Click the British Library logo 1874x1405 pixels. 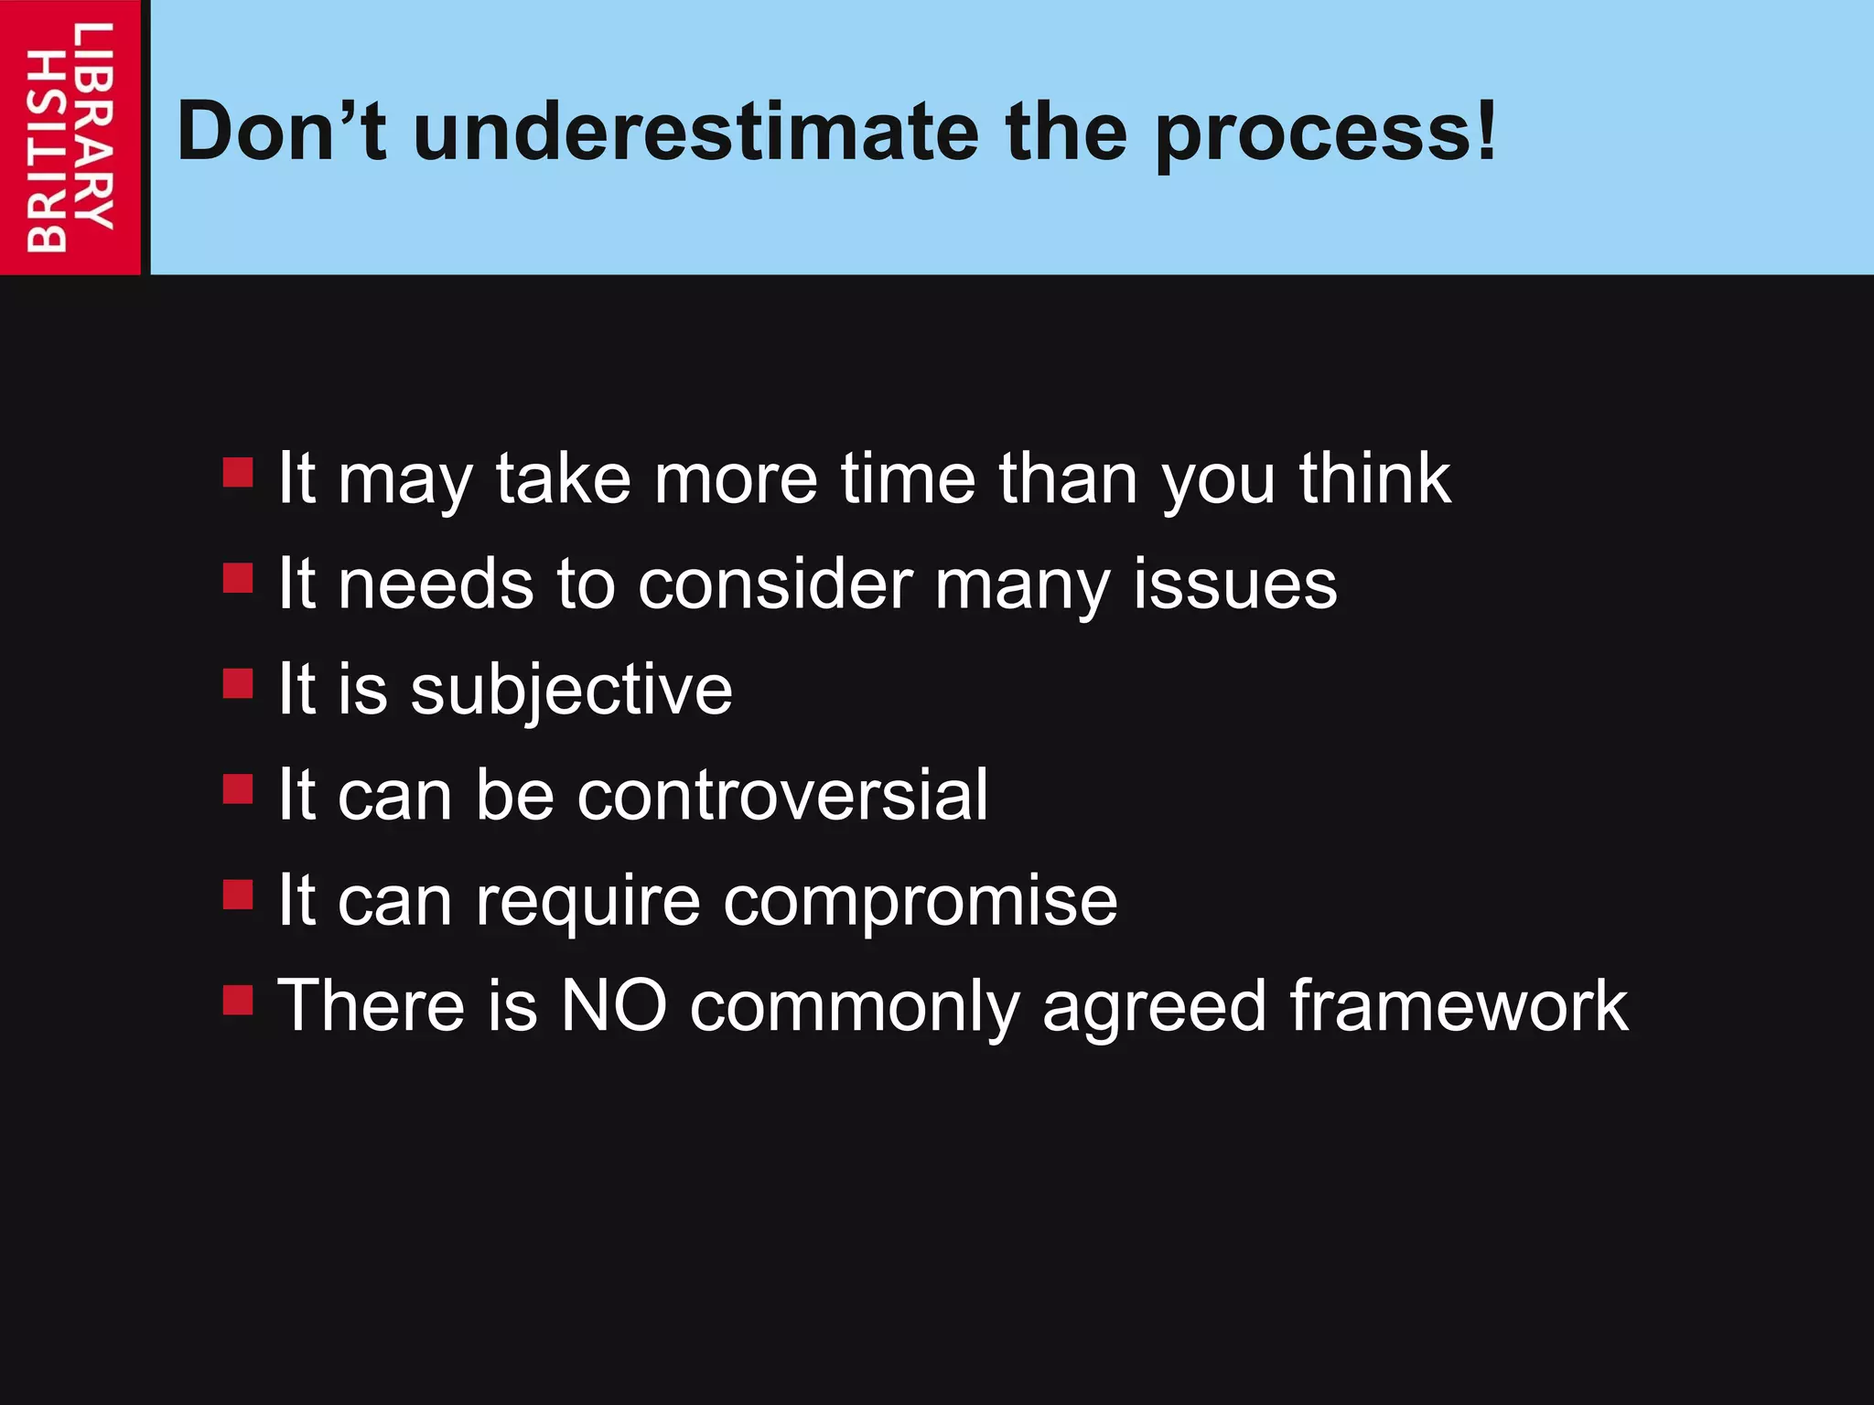[x=70, y=137]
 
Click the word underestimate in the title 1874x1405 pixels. [x=696, y=133]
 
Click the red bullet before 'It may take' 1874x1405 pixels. [x=238, y=473]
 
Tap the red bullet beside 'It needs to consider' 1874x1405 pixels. [x=238, y=578]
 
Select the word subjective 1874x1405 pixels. [x=571, y=691]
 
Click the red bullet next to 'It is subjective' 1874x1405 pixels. [x=238, y=683]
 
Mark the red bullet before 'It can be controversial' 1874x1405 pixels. [x=238, y=788]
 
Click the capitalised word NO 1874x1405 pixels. [x=613, y=1006]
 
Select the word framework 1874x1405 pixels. [x=1459, y=1006]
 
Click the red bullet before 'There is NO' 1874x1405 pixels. [x=238, y=1000]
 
